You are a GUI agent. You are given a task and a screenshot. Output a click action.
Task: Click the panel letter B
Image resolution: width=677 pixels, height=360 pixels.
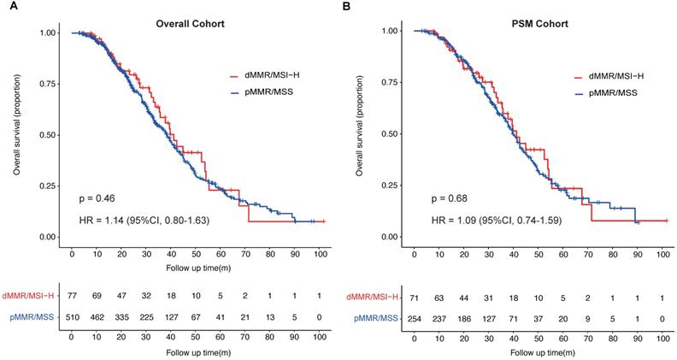pyautogui.click(x=346, y=7)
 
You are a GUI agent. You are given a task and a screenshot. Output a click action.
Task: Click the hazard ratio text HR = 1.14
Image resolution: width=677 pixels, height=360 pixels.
pyautogui.click(x=143, y=221)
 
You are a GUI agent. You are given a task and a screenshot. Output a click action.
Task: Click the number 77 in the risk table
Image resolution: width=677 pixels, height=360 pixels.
pyautogui.click(x=73, y=295)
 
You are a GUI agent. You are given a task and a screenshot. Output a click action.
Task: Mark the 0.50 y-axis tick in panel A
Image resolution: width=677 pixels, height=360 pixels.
pyautogui.click(x=48, y=135)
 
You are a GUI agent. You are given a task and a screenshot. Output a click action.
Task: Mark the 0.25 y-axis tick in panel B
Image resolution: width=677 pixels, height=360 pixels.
pyautogui.click(x=390, y=184)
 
